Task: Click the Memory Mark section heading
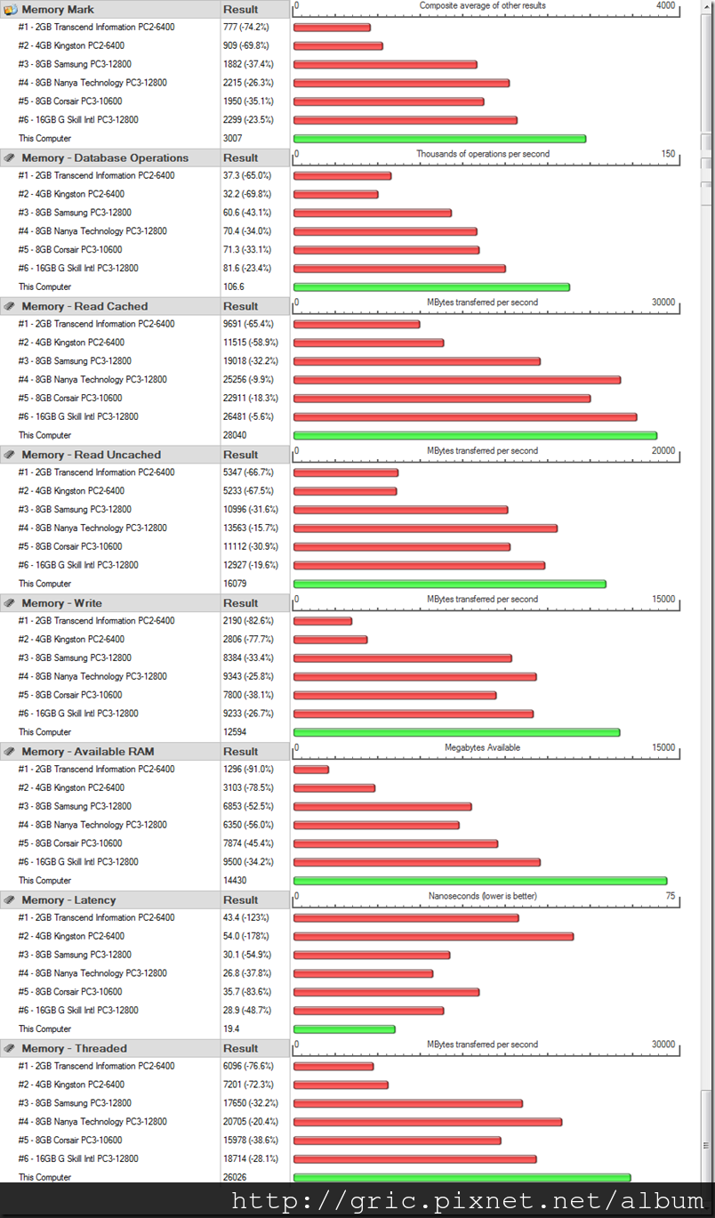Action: click(58, 10)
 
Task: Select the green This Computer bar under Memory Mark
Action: click(439, 139)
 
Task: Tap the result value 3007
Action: click(232, 139)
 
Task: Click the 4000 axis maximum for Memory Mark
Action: click(665, 6)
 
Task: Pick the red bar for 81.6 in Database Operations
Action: click(399, 269)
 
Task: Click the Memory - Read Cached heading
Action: click(84, 306)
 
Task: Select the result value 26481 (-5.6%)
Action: click(250, 417)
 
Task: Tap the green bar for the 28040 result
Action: click(475, 436)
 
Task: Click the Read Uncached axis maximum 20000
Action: click(663, 451)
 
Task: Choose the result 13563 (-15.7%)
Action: click(250, 528)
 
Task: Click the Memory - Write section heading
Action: click(61, 603)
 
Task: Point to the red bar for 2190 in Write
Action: click(322, 621)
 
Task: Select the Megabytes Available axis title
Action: click(482, 748)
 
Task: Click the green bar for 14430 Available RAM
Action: click(480, 881)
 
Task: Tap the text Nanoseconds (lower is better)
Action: click(482, 896)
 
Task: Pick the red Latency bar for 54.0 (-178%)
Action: click(433, 937)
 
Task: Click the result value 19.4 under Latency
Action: click(232, 1029)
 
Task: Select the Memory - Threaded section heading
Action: click(74, 1048)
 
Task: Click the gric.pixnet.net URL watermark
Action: click(467, 1202)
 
